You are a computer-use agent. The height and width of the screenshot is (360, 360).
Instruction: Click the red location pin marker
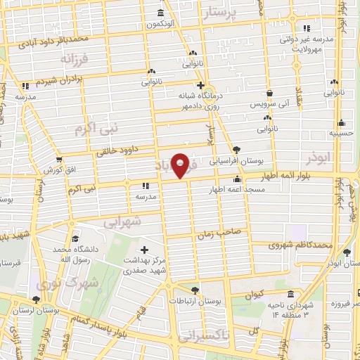[x=181, y=166]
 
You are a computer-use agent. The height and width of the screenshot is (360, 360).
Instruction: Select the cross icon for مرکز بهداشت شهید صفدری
[x=145, y=250]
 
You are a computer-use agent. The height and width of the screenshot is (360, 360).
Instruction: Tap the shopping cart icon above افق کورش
[x=60, y=160]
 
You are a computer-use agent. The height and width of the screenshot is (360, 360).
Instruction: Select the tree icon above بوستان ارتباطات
[x=195, y=290]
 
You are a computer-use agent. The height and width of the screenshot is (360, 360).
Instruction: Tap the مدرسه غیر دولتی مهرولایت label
[x=303, y=46]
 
